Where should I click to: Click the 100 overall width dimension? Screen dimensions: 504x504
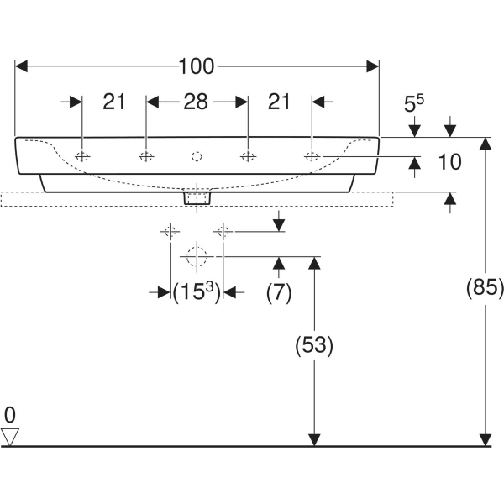(197, 66)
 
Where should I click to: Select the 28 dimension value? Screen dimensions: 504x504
(196, 102)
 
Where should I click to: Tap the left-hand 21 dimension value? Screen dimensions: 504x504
(114, 102)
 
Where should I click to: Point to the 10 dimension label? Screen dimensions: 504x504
(450, 162)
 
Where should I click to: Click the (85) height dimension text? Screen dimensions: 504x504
(485, 288)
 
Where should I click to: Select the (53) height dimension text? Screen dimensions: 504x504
(313, 345)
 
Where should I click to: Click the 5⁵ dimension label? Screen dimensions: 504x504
(414, 103)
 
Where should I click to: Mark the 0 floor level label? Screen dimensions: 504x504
(10, 414)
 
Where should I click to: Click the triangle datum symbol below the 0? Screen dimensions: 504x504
(10, 436)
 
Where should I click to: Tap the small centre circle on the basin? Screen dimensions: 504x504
(197, 156)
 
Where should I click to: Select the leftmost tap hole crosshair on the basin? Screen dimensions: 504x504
(82, 156)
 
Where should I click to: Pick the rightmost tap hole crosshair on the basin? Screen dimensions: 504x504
(312, 156)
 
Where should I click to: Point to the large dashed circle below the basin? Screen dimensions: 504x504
(197, 256)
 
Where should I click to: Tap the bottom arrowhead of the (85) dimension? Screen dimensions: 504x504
(485, 439)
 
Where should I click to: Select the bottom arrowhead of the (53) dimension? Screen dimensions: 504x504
(313, 439)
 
